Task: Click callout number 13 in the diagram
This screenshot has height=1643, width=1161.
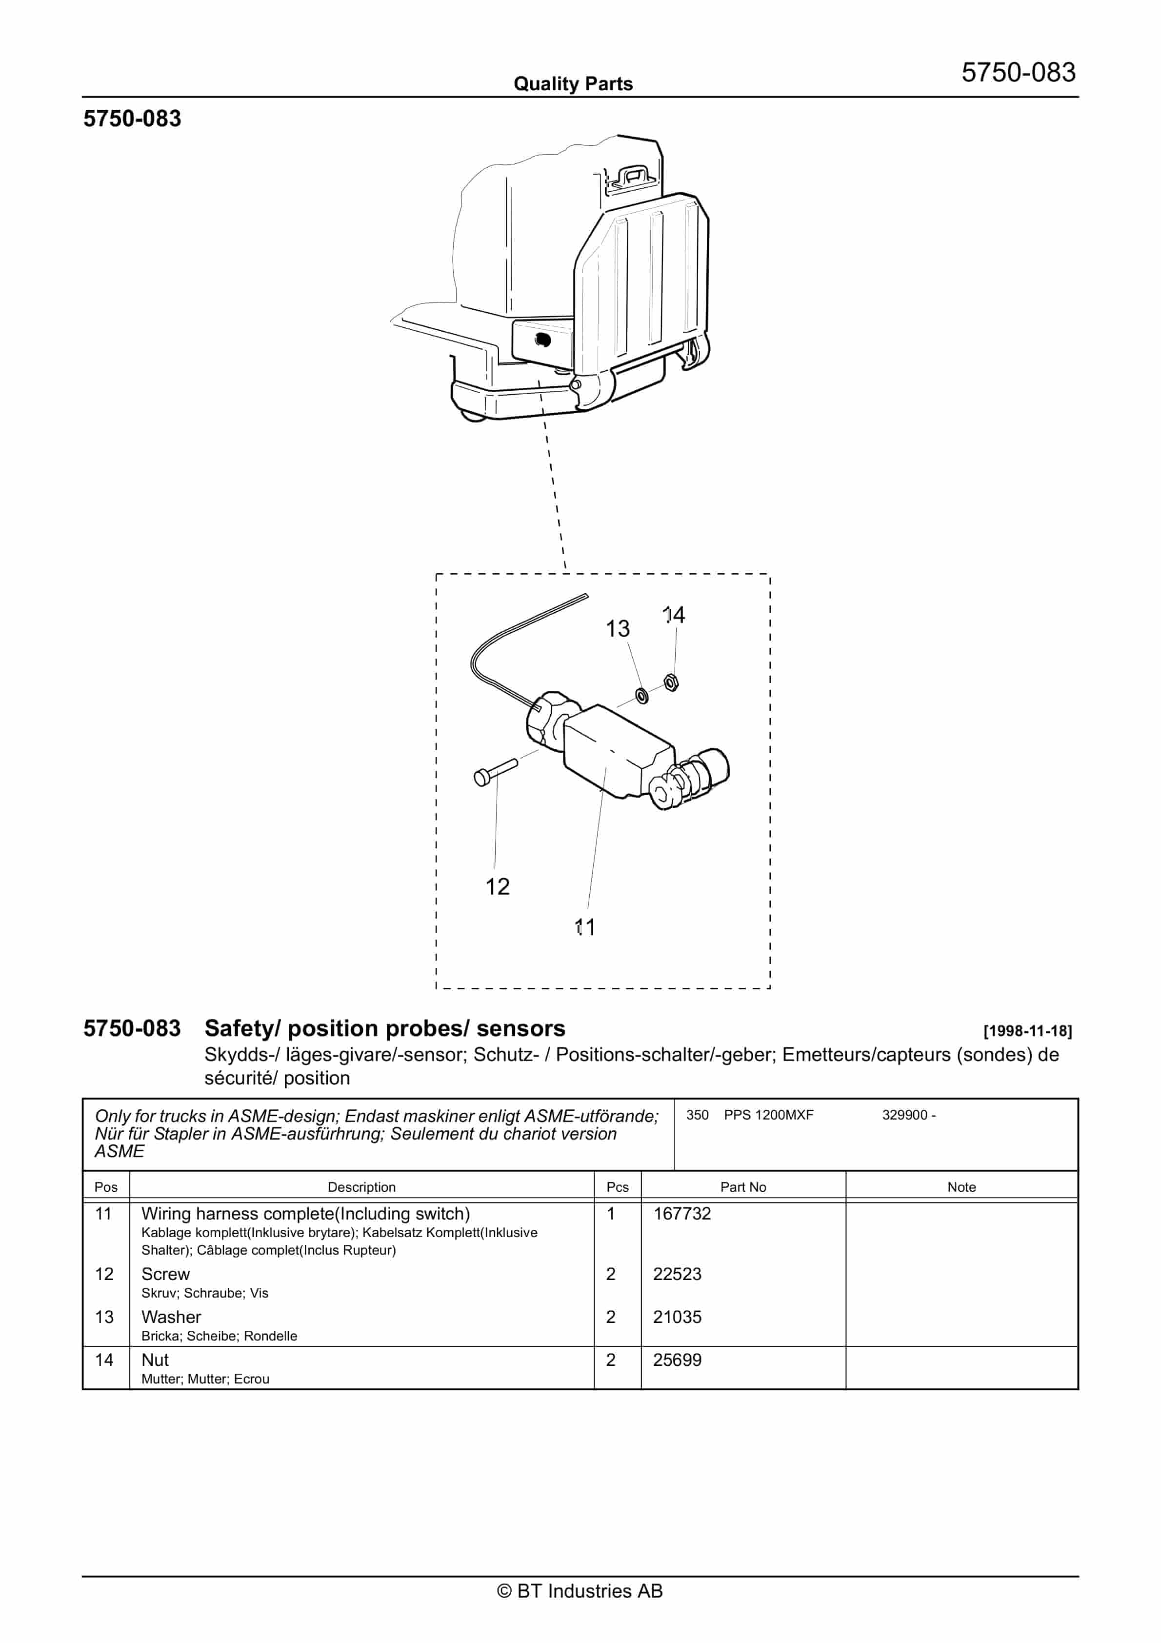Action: click(617, 628)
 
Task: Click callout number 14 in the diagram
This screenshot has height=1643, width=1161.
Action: click(674, 615)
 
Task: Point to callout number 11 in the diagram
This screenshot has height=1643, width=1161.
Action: click(585, 927)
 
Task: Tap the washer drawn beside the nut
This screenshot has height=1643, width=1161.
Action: click(642, 694)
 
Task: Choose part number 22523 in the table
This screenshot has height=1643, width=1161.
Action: click(677, 1273)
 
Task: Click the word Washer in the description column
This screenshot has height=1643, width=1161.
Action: click(171, 1316)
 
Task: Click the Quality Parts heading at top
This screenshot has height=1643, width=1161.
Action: click(573, 84)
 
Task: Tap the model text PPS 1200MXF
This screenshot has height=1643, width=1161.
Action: click(768, 1114)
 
